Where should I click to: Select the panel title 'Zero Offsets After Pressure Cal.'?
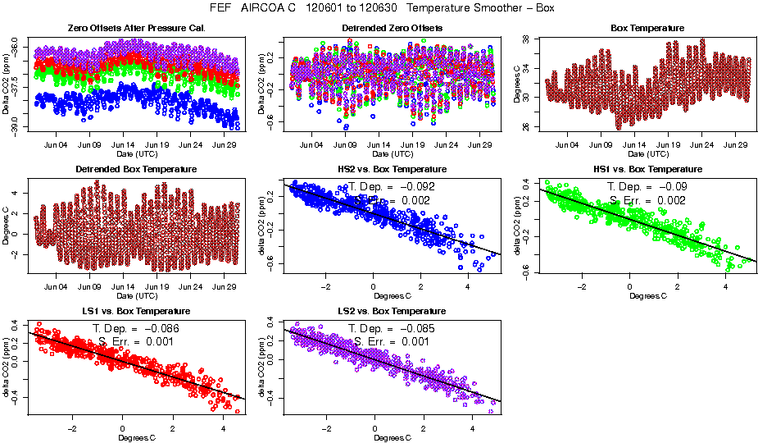(x=135, y=28)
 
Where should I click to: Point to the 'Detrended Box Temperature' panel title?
(x=135, y=169)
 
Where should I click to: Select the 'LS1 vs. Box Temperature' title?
(x=135, y=311)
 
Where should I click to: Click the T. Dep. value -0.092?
(x=415, y=186)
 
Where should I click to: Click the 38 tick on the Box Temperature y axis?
(x=525, y=39)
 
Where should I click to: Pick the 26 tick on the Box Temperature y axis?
(x=525, y=126)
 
